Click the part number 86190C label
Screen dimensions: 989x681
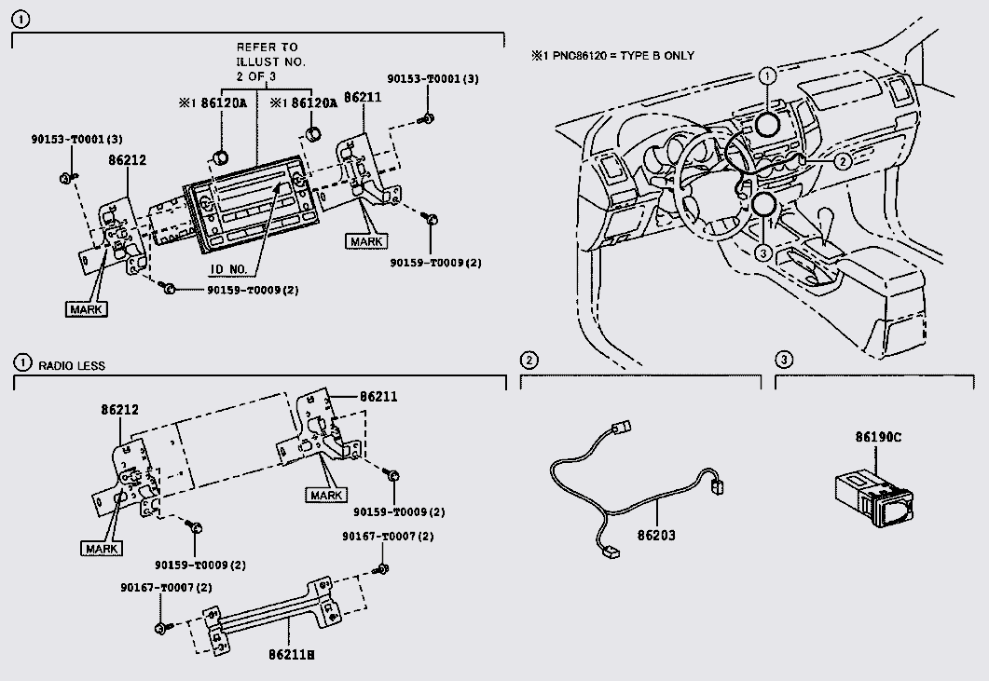(x=878, y=437)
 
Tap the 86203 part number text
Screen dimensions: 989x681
(x=656, y=536)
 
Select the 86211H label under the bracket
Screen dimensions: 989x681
(x=292, y=655)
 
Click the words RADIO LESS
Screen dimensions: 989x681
(x=72, y=366)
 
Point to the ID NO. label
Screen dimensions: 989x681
(x=228, y=269)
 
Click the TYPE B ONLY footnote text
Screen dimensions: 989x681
(x=656, y=56)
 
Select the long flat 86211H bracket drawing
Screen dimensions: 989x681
(x=272, y=616)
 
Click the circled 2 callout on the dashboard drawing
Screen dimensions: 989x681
(x=843, y=162)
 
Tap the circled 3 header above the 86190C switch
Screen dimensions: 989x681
(x=783, y=360)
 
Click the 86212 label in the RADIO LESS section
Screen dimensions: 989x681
(x=120, y=409)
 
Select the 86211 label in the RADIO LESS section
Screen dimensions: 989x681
(x=378, y=397)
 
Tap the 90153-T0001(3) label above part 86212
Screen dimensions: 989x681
(x=77, y=139)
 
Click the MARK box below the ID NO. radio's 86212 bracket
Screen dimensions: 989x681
(x=87, y=309)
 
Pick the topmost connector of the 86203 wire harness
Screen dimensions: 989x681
(x=621, y=428)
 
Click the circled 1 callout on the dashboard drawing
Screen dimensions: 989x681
(x=767, y=76)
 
